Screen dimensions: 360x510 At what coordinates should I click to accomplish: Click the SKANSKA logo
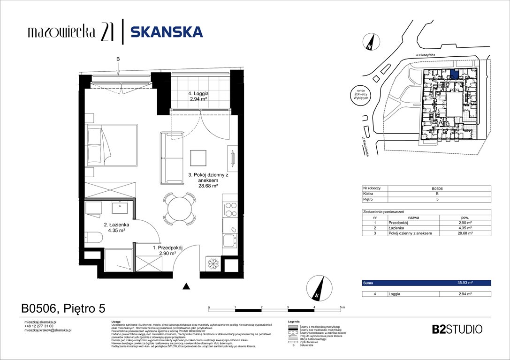click(166, 32)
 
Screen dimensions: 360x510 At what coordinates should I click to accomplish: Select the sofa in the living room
click(172, 157)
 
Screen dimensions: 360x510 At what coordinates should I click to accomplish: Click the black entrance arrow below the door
click(187, 286)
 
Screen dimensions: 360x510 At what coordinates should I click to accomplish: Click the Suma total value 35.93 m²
click(465, 283)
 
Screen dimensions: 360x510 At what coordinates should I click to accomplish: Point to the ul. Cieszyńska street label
click(429, 55)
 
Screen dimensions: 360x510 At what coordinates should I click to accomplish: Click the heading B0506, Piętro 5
click(63, 308)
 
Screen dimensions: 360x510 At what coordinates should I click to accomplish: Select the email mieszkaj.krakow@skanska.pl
click(47, 330)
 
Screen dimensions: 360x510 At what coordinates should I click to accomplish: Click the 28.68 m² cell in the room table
click(465, 233)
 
